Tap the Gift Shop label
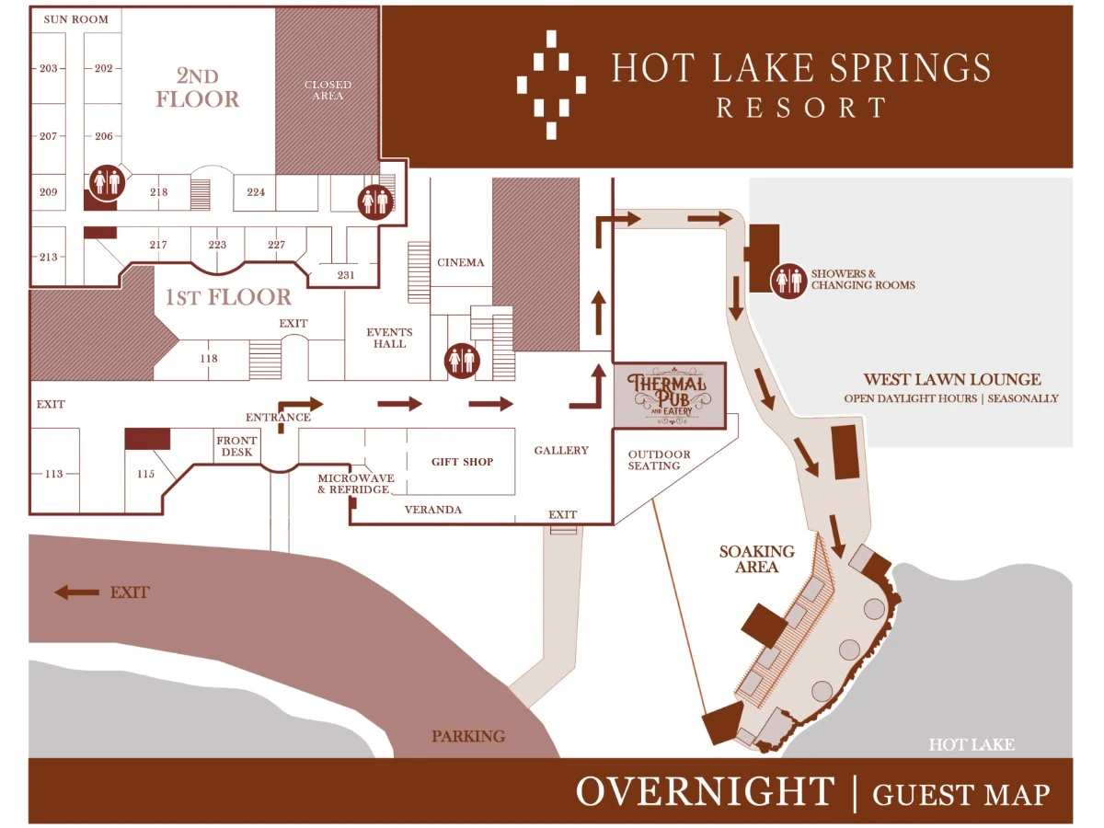tap(462, 462)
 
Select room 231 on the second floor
tap(345, 274)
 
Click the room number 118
tap(208, 358)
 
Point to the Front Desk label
tap(236, 446)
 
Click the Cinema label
tap(460, 262)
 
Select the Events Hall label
tap(389, 338)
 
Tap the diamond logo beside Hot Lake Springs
tap(551, 84)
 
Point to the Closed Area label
tap(328, 90)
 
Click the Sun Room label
tap(75, 19)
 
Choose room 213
tap(49, 257)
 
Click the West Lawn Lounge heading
tap(951, 379)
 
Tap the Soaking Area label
tap(756, 558)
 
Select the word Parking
tap(468, 736)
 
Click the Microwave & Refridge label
tap(353, 484)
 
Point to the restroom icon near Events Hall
tap(461, 360)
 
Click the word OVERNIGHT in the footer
tap(704, 791)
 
